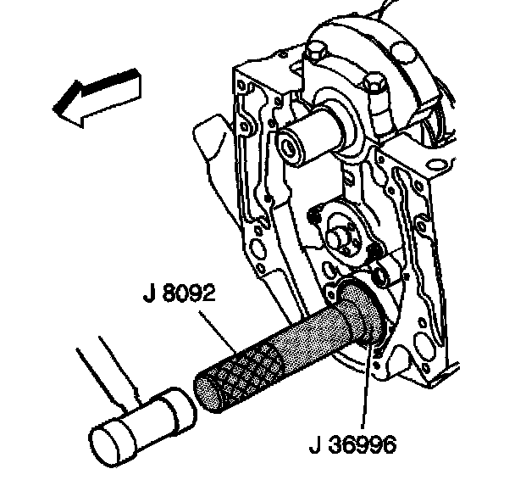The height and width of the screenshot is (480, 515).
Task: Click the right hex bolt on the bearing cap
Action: point(373,86)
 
